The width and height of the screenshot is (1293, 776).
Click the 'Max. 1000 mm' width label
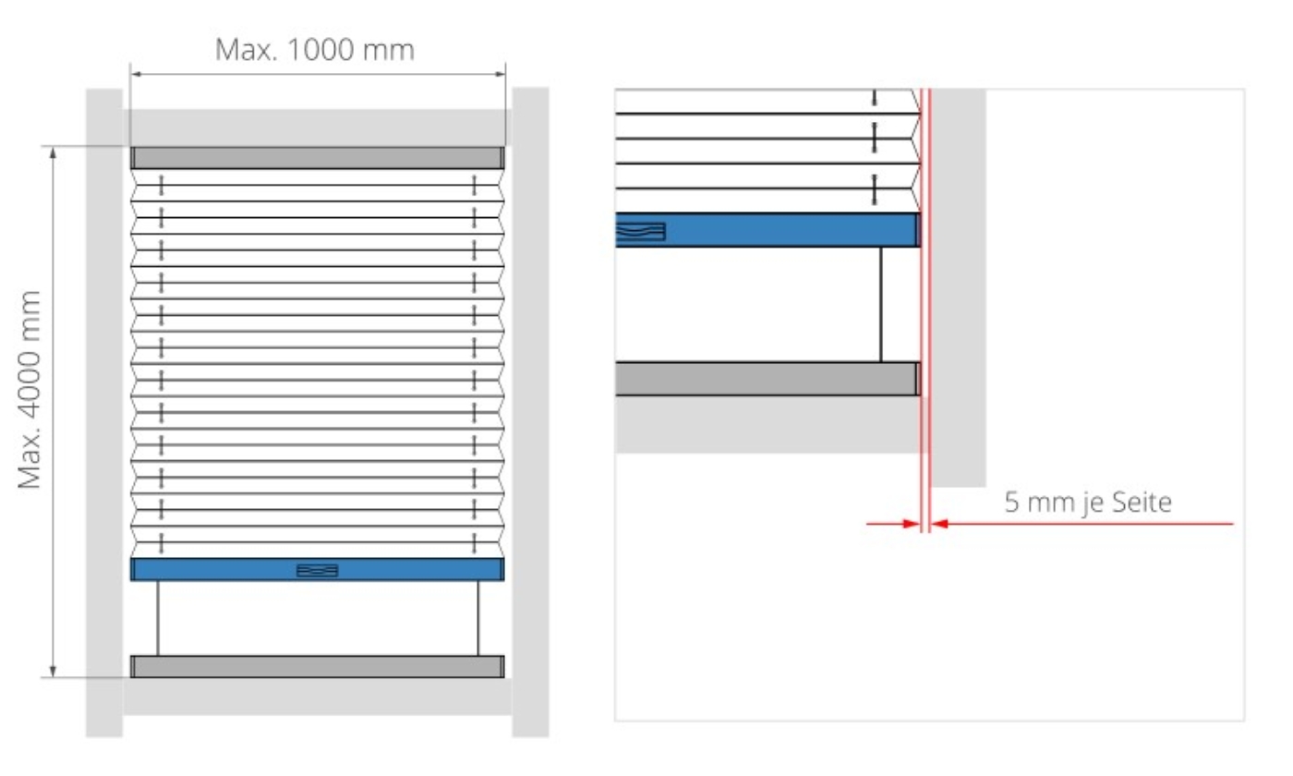point(314,49)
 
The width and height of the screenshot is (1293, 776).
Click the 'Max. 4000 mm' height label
point(30,390)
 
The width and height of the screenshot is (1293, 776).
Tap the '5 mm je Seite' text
point(1087,503)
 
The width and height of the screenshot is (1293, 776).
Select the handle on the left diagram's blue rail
point(317,570)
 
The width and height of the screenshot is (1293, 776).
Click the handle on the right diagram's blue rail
point(641,231)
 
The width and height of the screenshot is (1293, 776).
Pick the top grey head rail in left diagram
point(318,157)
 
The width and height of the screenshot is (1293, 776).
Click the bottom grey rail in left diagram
point(318,666)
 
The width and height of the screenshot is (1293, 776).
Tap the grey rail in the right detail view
point(767,379)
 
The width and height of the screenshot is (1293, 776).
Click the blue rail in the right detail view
point(785,230)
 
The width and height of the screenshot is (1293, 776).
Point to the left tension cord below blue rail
point(158,618)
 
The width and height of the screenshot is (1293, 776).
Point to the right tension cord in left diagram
point(478,618)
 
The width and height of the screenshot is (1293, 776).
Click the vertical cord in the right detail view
point(880,304)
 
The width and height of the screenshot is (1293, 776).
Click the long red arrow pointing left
point(1081,524)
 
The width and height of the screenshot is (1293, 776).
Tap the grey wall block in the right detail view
point(959,286)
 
